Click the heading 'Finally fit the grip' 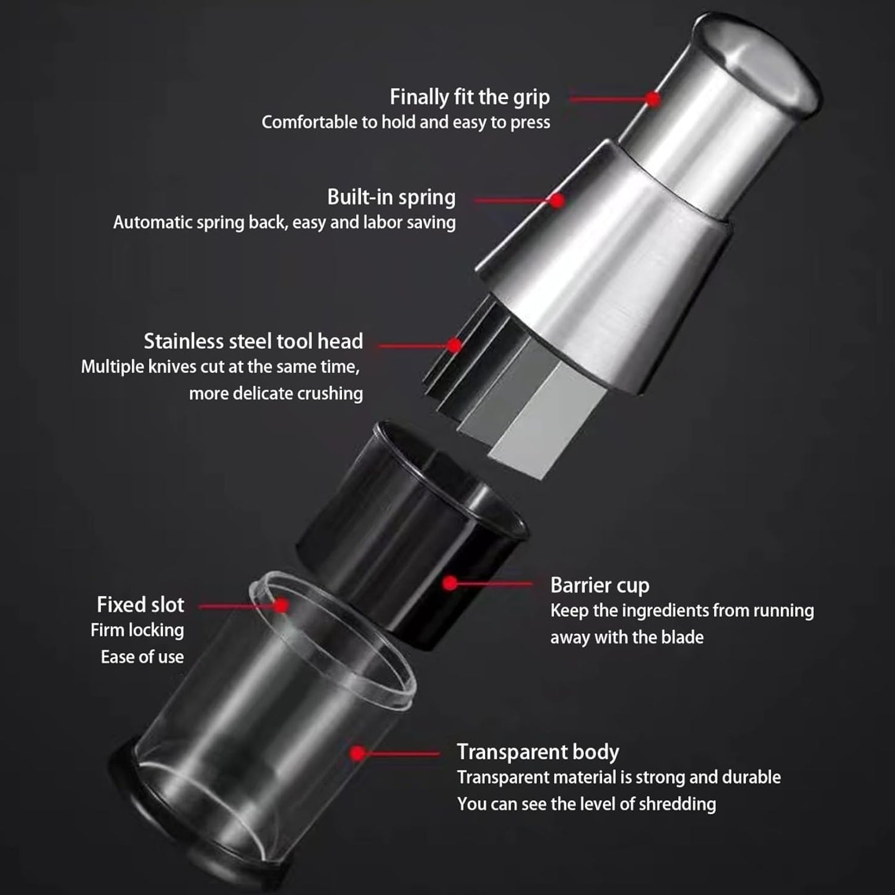pyautogui.click(x=469, y=97)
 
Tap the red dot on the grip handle pyautogui.click(x=653, y=99)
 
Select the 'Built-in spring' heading pyautogui.click(x=391, y=198)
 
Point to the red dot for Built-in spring pyautogui.click(x=557, y=201)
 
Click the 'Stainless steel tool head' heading pyautogui.click(x=253, y=341)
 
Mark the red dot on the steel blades pyautogui.click(x=455, y=345)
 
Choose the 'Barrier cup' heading pyautogui.click(x=600, y=586)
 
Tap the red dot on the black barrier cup pyautogui.click(x=450, y=583)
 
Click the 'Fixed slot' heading pyautogui.click(x=140, y=605)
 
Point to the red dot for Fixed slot pyautogui.click(x=281, y=606)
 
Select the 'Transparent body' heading pyautogui.click(x=538, y=753)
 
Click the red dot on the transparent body pyautogui.click(x=357, y=754)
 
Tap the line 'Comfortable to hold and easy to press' pyautogui.click(x=406, y=123)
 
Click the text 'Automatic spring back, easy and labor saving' pyautogui.click(x=284, y=222)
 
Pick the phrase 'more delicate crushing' pyautogui.click(x=276, y=394)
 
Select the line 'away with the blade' pyautogui.click(x=627, y=637)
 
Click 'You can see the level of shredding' pyautogui.click(x=586, y=804)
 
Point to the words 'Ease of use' pyautogui.click(x=142, y=657)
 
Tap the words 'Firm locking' pyautogui.click(x=137, y=631)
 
